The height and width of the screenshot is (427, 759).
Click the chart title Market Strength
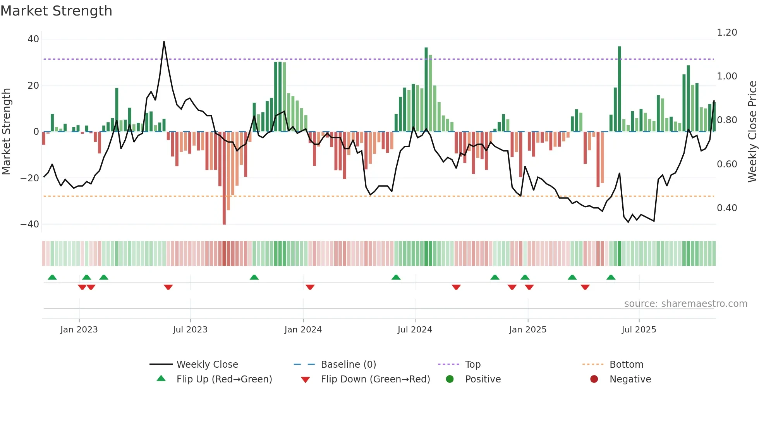click(x=56, y=11)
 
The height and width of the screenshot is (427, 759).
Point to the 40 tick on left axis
click(x=33, y=39)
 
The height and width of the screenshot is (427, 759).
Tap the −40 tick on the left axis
click(x=30, y=224)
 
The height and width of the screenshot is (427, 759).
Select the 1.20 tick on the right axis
click(x=727, y=33)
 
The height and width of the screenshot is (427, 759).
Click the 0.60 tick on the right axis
click(x=727, y=164)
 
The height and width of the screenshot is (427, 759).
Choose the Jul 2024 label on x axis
click(x=415, y=330)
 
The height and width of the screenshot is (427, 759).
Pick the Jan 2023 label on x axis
click(x=79, y=330)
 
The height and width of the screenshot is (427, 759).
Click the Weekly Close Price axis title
click(x=752, y=132)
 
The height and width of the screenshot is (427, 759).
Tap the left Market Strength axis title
click(x=7, y=132)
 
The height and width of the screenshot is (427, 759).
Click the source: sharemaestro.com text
click(x=685, y=304)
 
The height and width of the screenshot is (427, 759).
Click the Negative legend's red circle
click(x=594, y=379)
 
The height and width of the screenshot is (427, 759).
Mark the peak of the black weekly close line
click(x=164, y=42)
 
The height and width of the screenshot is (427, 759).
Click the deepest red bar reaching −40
click(x=224, y=178)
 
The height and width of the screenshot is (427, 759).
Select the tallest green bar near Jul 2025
click(x=620, y=89)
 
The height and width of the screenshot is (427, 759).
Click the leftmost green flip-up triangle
click(x=52, y=277)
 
